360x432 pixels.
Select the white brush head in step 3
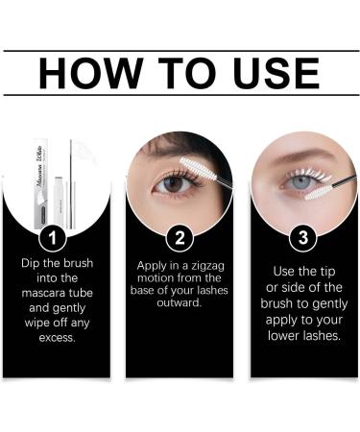click(x=319, y=189)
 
